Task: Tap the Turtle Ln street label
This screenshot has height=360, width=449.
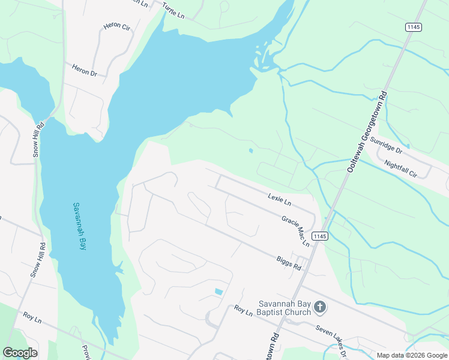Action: tap(173, 10)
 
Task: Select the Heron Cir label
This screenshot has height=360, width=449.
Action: tap(116, 27)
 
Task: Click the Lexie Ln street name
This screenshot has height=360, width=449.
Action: tap(279, 199)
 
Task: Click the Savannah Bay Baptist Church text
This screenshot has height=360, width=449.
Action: tap(285, 307)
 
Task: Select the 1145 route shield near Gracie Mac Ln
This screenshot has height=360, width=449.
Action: tap(319, 236)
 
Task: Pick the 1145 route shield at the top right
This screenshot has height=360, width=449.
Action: tap(413, 27)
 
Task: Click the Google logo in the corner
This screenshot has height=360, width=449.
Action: tap(20, 353)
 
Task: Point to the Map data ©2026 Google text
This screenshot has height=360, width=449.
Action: tap(412, 355)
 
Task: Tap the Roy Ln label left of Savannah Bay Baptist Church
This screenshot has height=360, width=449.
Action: tap(243, 311)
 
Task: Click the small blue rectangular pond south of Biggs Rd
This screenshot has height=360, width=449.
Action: tap(218, 292)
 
